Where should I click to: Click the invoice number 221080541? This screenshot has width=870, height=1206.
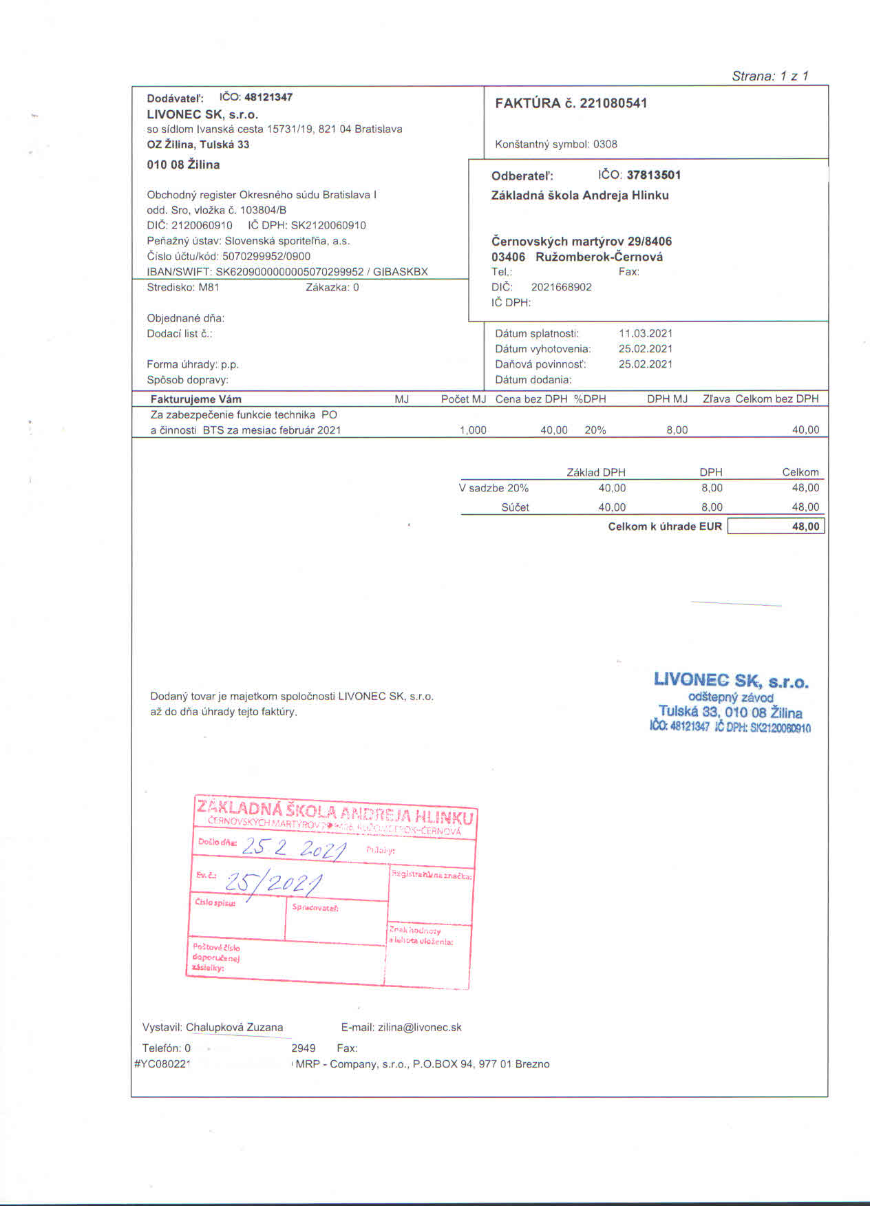613,103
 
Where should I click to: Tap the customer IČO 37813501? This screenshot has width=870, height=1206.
653,175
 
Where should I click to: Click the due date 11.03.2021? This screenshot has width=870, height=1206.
646,333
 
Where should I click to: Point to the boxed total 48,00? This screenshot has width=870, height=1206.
776,527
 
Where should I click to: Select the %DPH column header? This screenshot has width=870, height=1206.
590,399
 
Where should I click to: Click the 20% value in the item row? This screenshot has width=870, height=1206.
595,430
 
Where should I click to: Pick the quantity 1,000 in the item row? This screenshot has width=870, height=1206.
473,430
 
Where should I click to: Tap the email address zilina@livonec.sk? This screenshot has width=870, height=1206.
420,1027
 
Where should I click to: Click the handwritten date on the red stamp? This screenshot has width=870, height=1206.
293,848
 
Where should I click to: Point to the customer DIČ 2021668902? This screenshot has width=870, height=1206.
561,287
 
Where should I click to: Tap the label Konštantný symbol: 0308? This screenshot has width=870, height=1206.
556,145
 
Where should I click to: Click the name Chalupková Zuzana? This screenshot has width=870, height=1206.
234,1027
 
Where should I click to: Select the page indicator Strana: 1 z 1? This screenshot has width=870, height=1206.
770,76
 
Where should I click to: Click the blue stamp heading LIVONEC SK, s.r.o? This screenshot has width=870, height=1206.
731,681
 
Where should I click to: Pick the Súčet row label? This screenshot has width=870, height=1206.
515,507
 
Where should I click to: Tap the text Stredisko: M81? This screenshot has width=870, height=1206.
183,288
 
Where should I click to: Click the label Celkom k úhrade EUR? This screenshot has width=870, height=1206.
665,527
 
